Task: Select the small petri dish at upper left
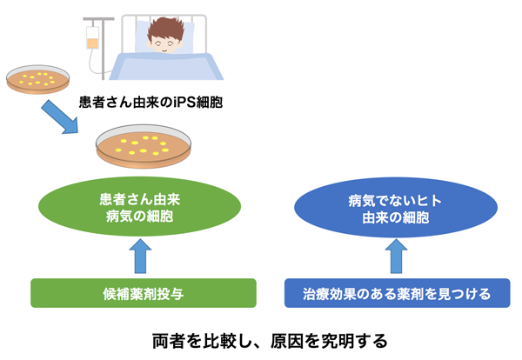[x=38, y=82]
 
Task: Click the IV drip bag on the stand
[x=91, y=37]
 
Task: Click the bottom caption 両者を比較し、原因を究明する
[x=262, y=338]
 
